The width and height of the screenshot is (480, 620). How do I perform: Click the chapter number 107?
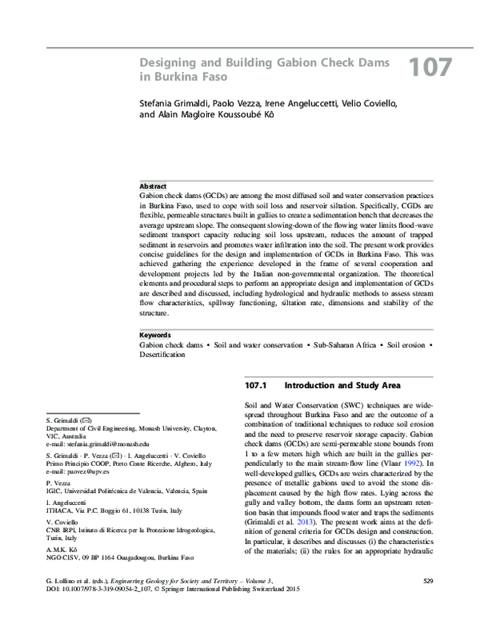[x=431, y=68]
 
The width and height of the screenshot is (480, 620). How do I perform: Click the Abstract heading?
[x=153, y=185]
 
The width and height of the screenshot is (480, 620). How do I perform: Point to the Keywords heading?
[x=155, y=357]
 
